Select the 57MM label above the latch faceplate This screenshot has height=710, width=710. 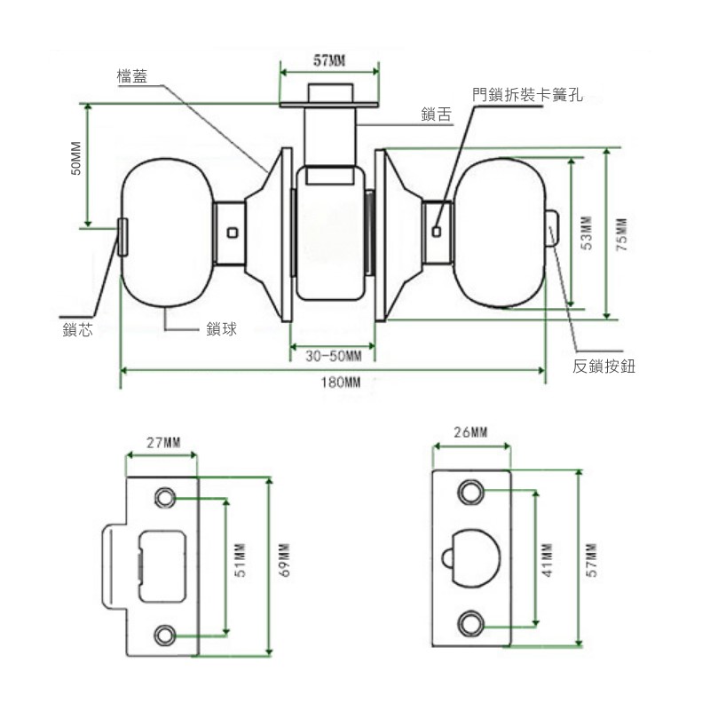(x=330, y=60)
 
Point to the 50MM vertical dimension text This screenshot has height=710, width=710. (x=76, y=158)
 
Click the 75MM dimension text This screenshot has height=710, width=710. (x=621, y=233)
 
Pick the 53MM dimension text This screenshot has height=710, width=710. (x=586, y=233)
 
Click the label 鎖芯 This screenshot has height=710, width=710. (x=77, y=329)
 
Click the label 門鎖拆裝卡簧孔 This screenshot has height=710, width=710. (x=527, y=92)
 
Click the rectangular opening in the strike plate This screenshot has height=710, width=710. (x=161, y=564)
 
